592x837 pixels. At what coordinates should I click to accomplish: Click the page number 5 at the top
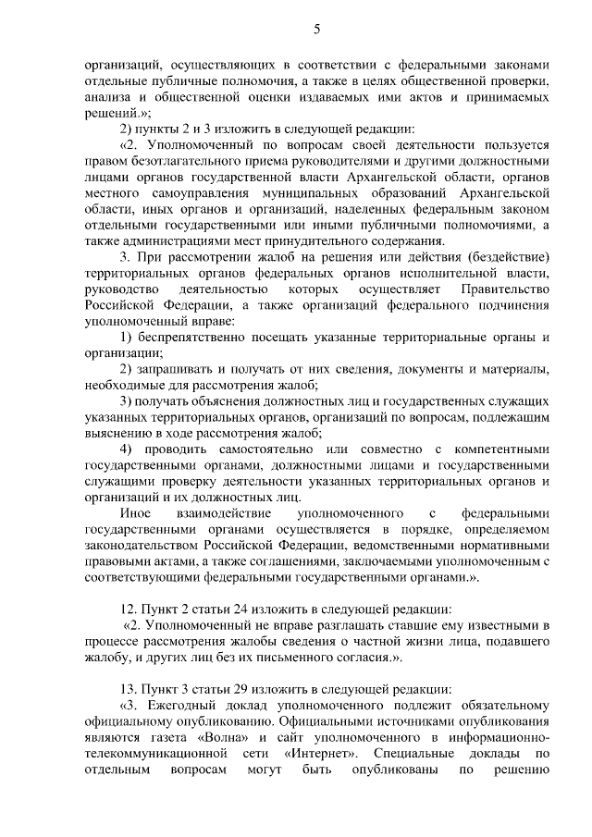317,29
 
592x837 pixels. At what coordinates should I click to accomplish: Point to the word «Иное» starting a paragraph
135,511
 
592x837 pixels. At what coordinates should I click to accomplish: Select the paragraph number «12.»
129,609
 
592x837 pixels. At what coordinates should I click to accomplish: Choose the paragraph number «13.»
129,689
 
